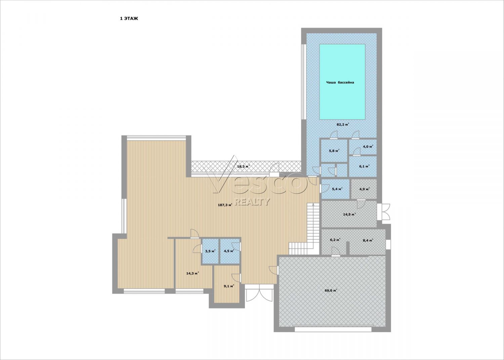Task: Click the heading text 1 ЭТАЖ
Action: coord(129,19)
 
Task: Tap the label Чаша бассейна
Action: coord(340,82)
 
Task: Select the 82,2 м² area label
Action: coord(343,124)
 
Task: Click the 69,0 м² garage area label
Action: coord(331,290)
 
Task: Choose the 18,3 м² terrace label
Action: coord(244,167)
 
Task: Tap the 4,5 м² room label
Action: coord(229,251)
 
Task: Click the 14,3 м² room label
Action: coord(193,274)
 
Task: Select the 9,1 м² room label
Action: coord(229,286)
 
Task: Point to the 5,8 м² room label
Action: coord(334,151)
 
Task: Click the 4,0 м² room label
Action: coord(368,147)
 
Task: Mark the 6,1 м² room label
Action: coord(364,166)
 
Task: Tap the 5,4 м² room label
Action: coord(337,189)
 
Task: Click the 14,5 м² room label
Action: coord(349,214)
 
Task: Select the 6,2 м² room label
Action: coord(335,240)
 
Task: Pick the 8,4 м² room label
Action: coord(368,240)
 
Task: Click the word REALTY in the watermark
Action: coord(252,202)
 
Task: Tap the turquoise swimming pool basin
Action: coord(342,82)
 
